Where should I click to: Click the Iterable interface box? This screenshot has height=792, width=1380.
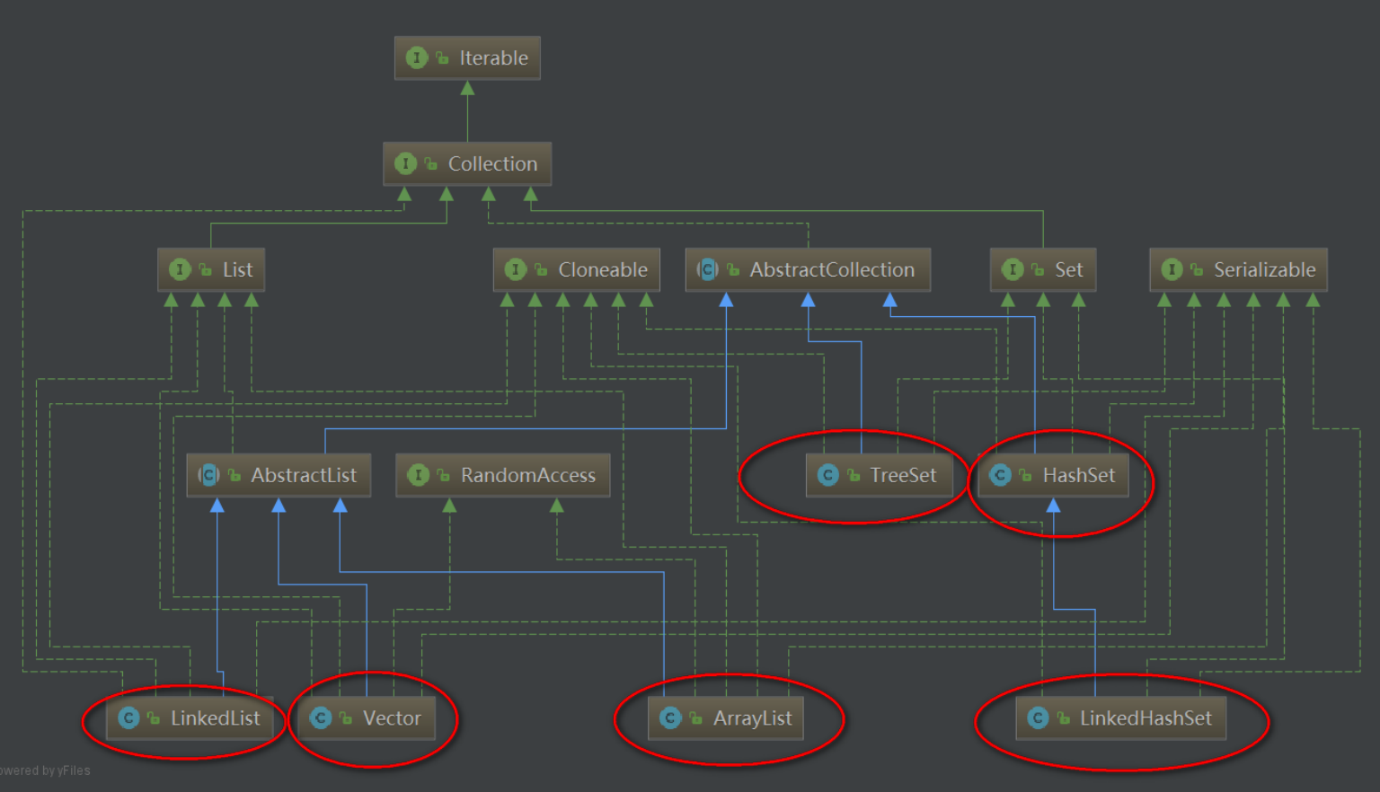467,58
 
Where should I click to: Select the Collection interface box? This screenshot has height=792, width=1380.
467,164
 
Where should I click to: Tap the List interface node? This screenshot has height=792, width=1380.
211,269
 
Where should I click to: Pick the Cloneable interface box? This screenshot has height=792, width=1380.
577,269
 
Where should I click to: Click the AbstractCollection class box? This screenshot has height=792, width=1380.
808,269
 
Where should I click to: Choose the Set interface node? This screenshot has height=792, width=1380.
1043,269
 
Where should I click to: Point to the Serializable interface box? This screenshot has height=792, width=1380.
1238,269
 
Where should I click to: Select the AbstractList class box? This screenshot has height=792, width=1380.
279,475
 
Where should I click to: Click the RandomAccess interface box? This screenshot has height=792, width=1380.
503,475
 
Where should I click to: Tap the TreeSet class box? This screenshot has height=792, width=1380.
880,475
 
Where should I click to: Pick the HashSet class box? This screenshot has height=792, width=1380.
1053,475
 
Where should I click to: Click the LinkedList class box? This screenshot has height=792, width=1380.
190,718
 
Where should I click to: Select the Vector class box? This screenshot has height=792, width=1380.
367,718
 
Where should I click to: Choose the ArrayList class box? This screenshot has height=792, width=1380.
726,718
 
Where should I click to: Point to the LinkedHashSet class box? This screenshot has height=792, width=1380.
1121,718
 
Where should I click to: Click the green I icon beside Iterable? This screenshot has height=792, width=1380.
416,58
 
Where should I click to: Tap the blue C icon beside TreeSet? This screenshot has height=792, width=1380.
828,475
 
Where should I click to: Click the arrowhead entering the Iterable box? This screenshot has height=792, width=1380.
467,88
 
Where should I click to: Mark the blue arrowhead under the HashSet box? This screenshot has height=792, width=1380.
1053,506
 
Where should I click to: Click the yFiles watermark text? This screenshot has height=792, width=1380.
45,770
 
